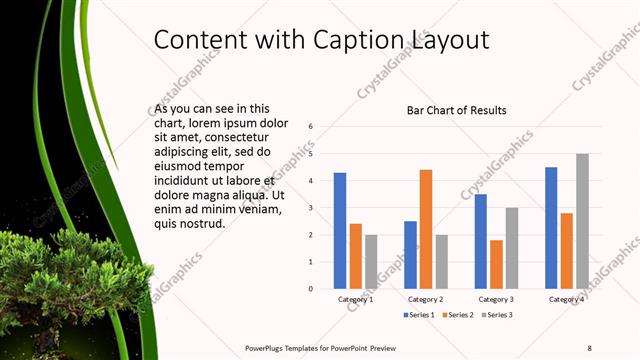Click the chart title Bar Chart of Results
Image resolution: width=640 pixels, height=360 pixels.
click(456, 110)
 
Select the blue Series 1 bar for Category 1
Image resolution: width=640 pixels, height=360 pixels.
click(340, 231)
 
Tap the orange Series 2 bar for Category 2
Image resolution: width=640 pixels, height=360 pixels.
click(426, 229)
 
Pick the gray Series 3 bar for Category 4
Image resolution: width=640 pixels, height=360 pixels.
click(582, 221)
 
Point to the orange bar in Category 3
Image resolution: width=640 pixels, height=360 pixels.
click(497, 264)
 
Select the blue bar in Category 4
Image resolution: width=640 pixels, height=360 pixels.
click(551, 228)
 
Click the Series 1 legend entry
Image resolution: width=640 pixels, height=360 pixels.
click(419, 315)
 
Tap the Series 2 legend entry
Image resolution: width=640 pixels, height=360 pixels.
click(457, 315)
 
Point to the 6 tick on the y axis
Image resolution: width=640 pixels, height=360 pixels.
click(312, 127)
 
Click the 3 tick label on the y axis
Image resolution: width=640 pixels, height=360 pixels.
click(312, 208)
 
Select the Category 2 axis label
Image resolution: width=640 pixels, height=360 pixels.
click(426, 299)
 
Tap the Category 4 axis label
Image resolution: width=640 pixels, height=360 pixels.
click(567, 299)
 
